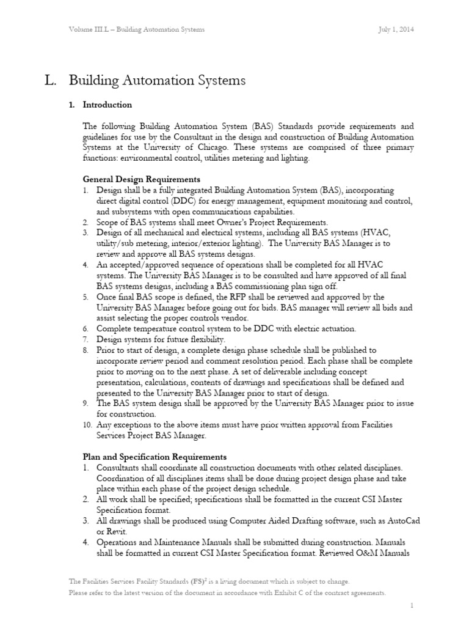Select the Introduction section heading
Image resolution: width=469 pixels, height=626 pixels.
click(x=107, y=105)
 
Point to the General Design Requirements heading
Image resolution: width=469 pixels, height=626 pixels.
click(x=141, y=180)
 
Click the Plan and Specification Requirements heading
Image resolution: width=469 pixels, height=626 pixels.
click(x=155, y=457)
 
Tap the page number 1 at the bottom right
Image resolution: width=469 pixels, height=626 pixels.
click(x=413, y=605)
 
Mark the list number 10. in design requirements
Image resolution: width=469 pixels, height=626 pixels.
click(x=88, y=424)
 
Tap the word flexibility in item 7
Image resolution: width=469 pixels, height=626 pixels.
click(x=205, y=339)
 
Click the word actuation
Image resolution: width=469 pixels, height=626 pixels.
click(x=335, y=328)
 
